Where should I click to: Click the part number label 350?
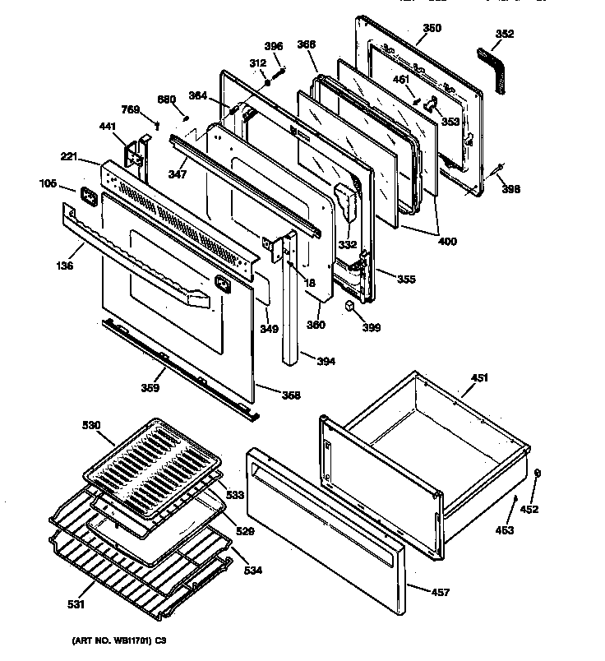(432, 28)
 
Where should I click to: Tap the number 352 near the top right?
(505, 34)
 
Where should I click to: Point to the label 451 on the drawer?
(479, 377)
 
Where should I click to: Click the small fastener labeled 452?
(536, 473)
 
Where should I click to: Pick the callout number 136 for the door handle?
(64, 265)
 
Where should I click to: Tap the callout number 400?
(447, 242)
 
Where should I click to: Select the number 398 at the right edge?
(511, 189)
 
